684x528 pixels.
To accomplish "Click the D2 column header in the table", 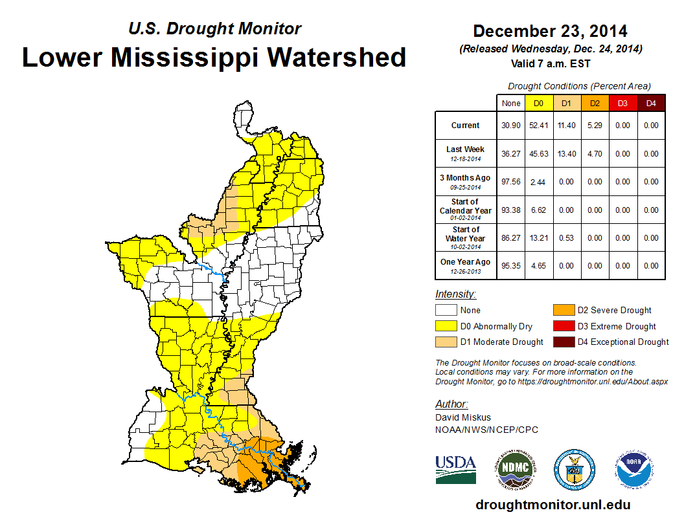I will pyautogui.click(x=595, y=104).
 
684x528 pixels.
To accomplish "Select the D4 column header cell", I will pyautogui.click(x=651, y=104).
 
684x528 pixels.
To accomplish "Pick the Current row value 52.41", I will pyautogui.click(x=538, y=126).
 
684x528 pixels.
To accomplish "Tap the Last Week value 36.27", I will pyautogui.click(x=510, y=154).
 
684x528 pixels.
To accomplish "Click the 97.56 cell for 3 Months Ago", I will pyautogui.click(x=510, y=182).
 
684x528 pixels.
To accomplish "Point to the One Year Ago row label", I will pyautogui.click(x=466, y=265).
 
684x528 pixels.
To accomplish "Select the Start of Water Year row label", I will pyautogui.click(x=466, y=237).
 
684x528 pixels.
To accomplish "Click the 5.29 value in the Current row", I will pyautogui.click(x=595, y=126).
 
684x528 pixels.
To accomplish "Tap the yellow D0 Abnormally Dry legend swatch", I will pyautogui.click(x=446, y=326).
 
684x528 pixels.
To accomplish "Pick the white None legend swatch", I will pyautogui.click(x=446, y=311).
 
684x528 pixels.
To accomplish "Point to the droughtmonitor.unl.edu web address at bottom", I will pyautogui.click(x=553, y=505).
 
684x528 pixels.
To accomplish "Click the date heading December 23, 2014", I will pyautogui.click(x=550, y=31).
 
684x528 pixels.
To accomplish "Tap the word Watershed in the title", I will pyautogui.click(x=337, y=57).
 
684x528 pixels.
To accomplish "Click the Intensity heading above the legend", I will pyautogui.click(x=455, y=294).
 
